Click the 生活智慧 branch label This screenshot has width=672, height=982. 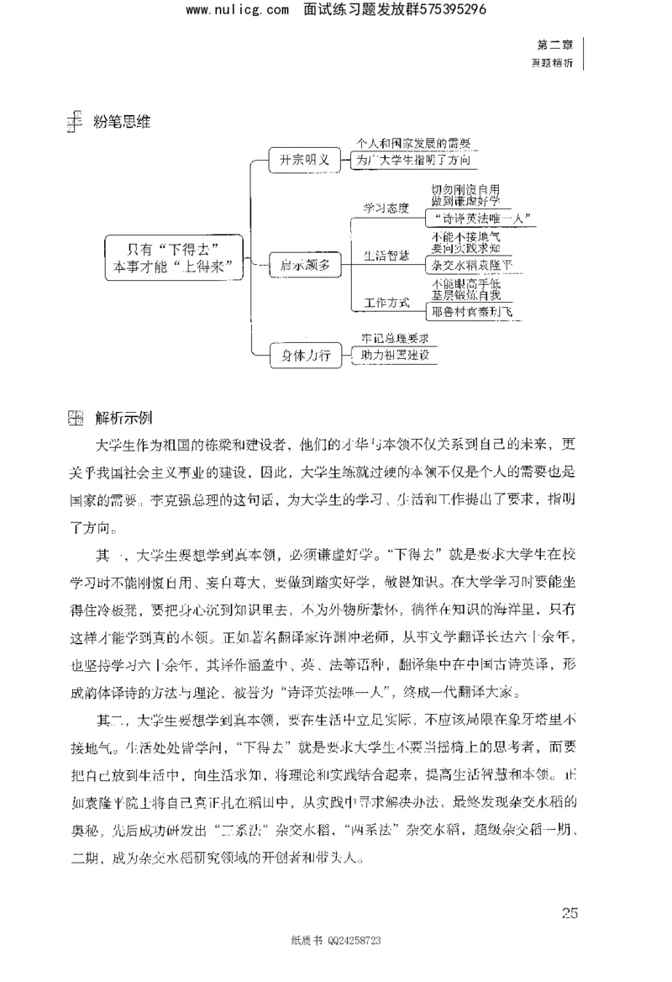[386, 256]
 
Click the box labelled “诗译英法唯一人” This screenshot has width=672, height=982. [480, 219]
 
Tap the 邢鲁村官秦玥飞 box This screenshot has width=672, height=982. [470, 312]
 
